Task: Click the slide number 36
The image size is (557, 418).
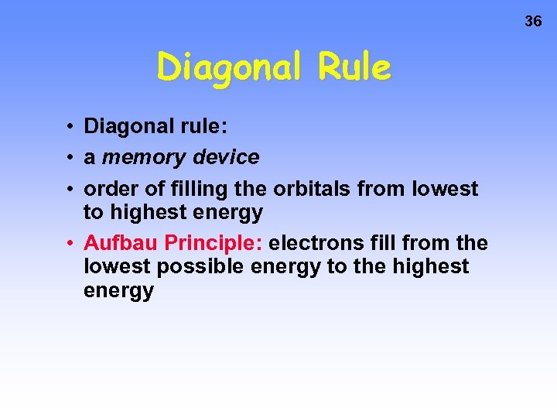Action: (533, 22)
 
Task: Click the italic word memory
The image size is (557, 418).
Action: (144, 158)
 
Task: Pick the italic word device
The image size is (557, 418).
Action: (226, 158)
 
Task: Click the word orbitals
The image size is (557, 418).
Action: (308, 189)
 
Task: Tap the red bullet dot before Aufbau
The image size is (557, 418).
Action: (70, 245)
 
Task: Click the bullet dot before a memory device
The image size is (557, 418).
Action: (70, 158)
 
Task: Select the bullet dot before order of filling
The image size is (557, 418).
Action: (70, 190)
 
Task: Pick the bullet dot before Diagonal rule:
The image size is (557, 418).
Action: (70, 126)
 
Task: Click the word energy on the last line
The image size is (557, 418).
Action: (118, 292)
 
